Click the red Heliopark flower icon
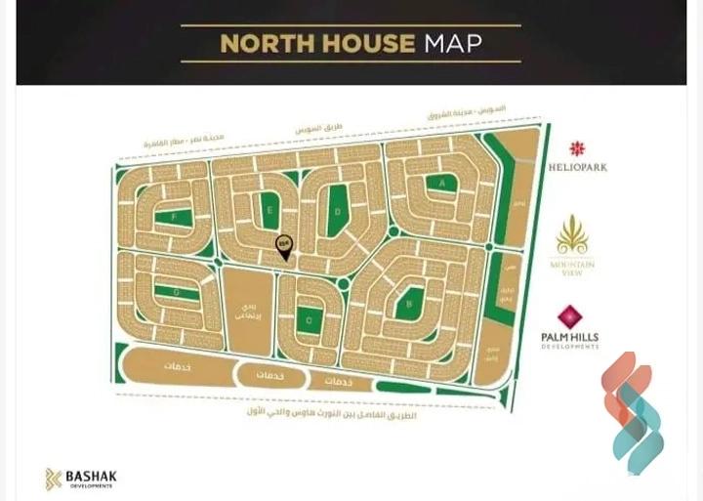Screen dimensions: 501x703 (x=577, y=148)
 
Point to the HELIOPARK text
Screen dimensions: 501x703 (x=577, y=167)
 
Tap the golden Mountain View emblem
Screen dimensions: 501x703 (x=571, y=236)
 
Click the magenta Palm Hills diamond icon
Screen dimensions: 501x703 (x=570, y=317)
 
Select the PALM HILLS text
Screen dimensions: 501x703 (x=570, y=338)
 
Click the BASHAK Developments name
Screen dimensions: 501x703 (x=91, y=478)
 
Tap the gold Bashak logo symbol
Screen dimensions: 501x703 (x=53, y=479)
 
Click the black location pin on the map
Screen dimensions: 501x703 (x=284, y=248)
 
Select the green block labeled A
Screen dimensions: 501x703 (x=442, y=183)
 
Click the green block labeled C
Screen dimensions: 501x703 (x=309, y=318)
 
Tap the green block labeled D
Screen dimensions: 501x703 (x=338, y=211)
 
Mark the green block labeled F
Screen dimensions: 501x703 (x=176, y=218)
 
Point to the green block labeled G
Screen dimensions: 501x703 (x=176, y=292)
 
